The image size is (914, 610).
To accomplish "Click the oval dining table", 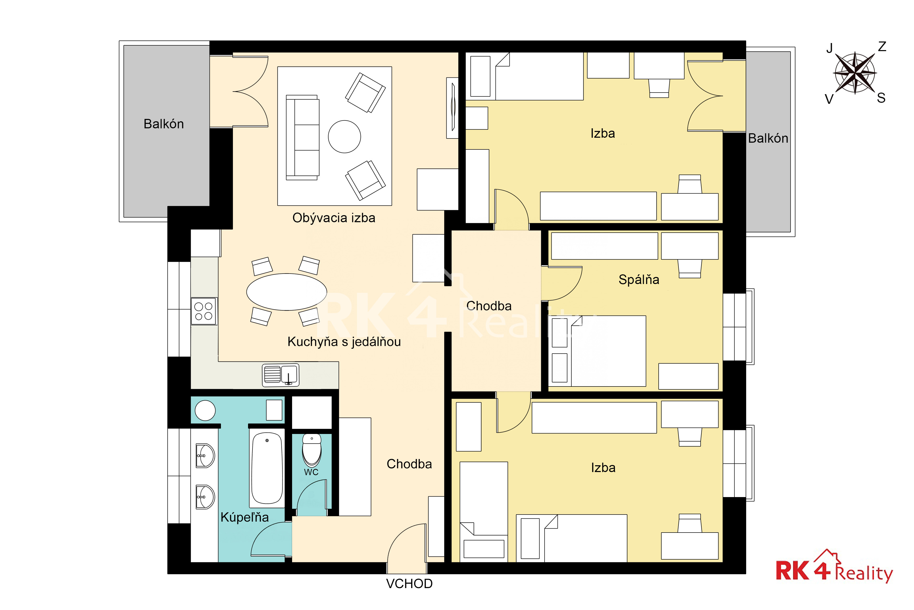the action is [287, 292].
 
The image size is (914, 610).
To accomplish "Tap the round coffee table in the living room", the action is [344, 137].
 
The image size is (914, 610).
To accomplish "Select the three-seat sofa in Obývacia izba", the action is [302, 137].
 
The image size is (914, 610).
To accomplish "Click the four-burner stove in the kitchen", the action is [204, 311].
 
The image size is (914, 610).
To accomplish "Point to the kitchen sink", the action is [281, 375].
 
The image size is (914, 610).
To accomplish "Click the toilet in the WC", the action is [312, 450].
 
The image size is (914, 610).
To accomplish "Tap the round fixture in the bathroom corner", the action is [205, 410].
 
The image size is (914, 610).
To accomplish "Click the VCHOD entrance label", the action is [409, 584].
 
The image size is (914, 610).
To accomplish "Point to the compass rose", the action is [855, 73].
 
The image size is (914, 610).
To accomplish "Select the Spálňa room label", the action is [639, 280].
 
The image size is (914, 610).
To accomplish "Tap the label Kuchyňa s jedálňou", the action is [344, 342].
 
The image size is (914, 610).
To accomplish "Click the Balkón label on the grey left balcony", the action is [164, 124].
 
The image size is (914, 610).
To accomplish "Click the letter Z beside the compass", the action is [882, 47].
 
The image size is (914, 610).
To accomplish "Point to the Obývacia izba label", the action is [334, 218].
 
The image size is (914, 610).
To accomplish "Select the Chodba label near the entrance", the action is [409, 464].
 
